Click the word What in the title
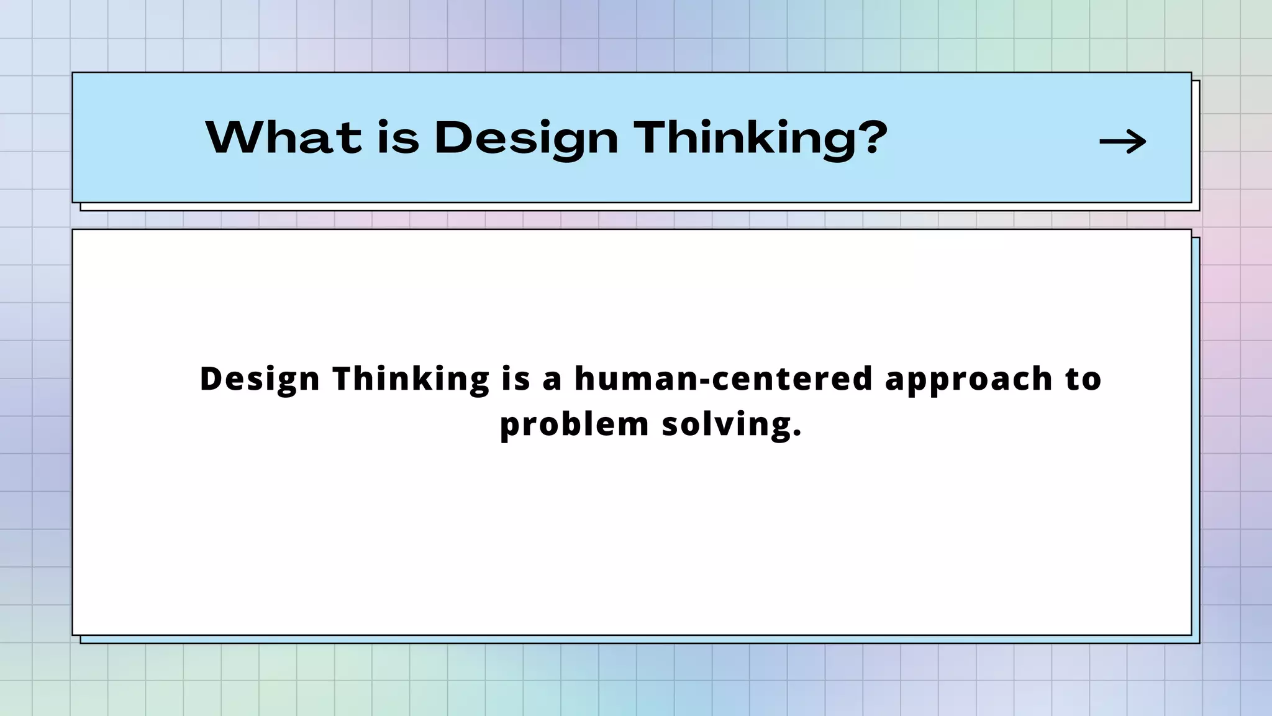tap(283, 137)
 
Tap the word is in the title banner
tap(398, 137)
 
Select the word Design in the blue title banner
tap(526, 137)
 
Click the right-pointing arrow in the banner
tap(1122, 142)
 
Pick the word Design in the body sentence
tap(260, 379)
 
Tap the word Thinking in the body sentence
tap(411, 379)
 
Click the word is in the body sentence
tap(516, 379)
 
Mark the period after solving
tap(797, 434)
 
